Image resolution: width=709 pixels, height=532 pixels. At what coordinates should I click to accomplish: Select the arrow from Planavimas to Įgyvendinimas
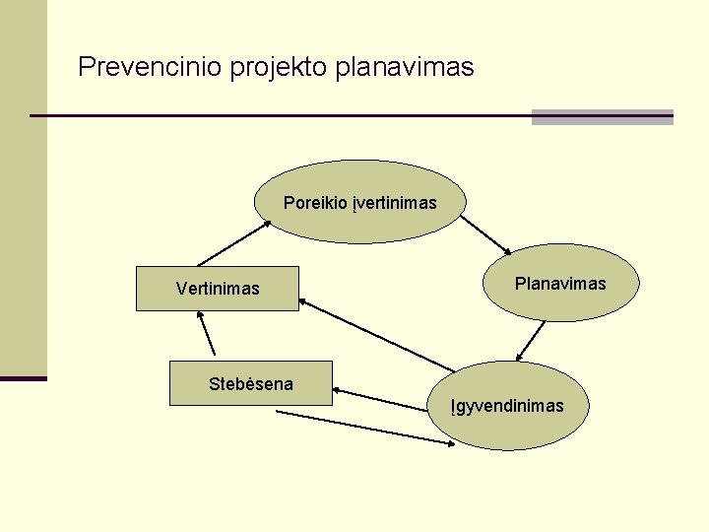tap(532, 342)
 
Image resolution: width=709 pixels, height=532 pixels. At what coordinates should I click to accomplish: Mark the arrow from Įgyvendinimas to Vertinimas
tap(377, 335)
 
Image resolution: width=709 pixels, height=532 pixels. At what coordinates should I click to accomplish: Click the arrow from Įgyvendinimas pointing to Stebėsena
tap(383, 397)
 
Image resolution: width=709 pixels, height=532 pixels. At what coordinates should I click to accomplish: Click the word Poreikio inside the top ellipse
tap(314, 203)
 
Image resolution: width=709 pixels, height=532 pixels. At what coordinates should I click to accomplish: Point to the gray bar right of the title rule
tap(602, 116)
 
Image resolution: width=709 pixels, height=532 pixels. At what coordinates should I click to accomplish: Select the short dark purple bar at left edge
tap(23, 377)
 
